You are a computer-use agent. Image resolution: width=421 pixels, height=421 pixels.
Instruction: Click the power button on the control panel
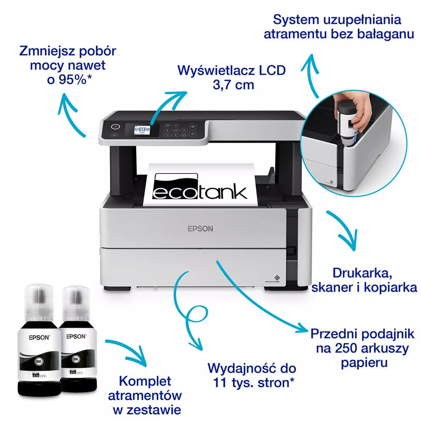coord(115,127)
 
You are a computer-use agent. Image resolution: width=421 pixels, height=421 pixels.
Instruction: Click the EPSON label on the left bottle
coord(38,339)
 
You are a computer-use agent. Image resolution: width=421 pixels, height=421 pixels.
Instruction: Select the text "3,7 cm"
coord(232,85)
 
